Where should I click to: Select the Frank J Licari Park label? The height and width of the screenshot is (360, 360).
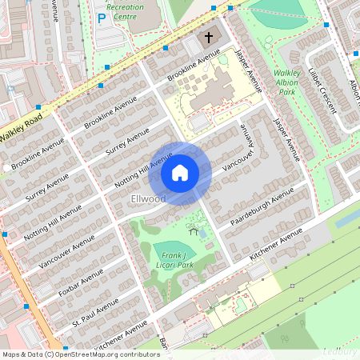(174, 259)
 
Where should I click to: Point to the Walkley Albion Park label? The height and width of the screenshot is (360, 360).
(286, 83)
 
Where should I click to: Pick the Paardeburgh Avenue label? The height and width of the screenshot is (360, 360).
(261, 207)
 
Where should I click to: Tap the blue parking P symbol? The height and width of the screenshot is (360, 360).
(101, 17)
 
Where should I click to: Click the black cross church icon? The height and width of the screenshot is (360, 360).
(209, 37)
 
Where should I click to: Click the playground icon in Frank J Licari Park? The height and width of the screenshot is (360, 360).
(194, 232)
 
